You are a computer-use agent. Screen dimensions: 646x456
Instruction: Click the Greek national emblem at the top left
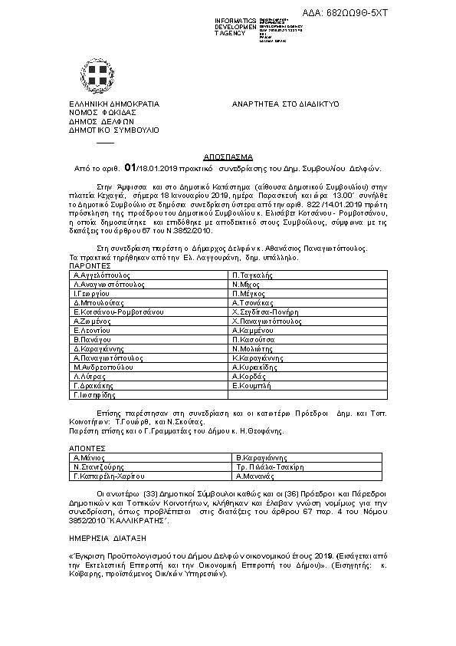[99, 75]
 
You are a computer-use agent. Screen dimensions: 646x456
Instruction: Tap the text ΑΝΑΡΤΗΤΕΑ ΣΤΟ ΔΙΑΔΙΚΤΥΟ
[285, 103]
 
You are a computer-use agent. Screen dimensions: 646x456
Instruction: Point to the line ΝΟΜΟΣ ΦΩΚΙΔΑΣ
[97, 112]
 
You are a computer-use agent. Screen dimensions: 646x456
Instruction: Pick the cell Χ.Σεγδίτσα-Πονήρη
[267, 313]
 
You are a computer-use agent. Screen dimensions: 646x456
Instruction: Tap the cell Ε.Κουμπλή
[252, 386]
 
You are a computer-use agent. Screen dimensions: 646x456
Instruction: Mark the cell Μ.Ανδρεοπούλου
[106, 367]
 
